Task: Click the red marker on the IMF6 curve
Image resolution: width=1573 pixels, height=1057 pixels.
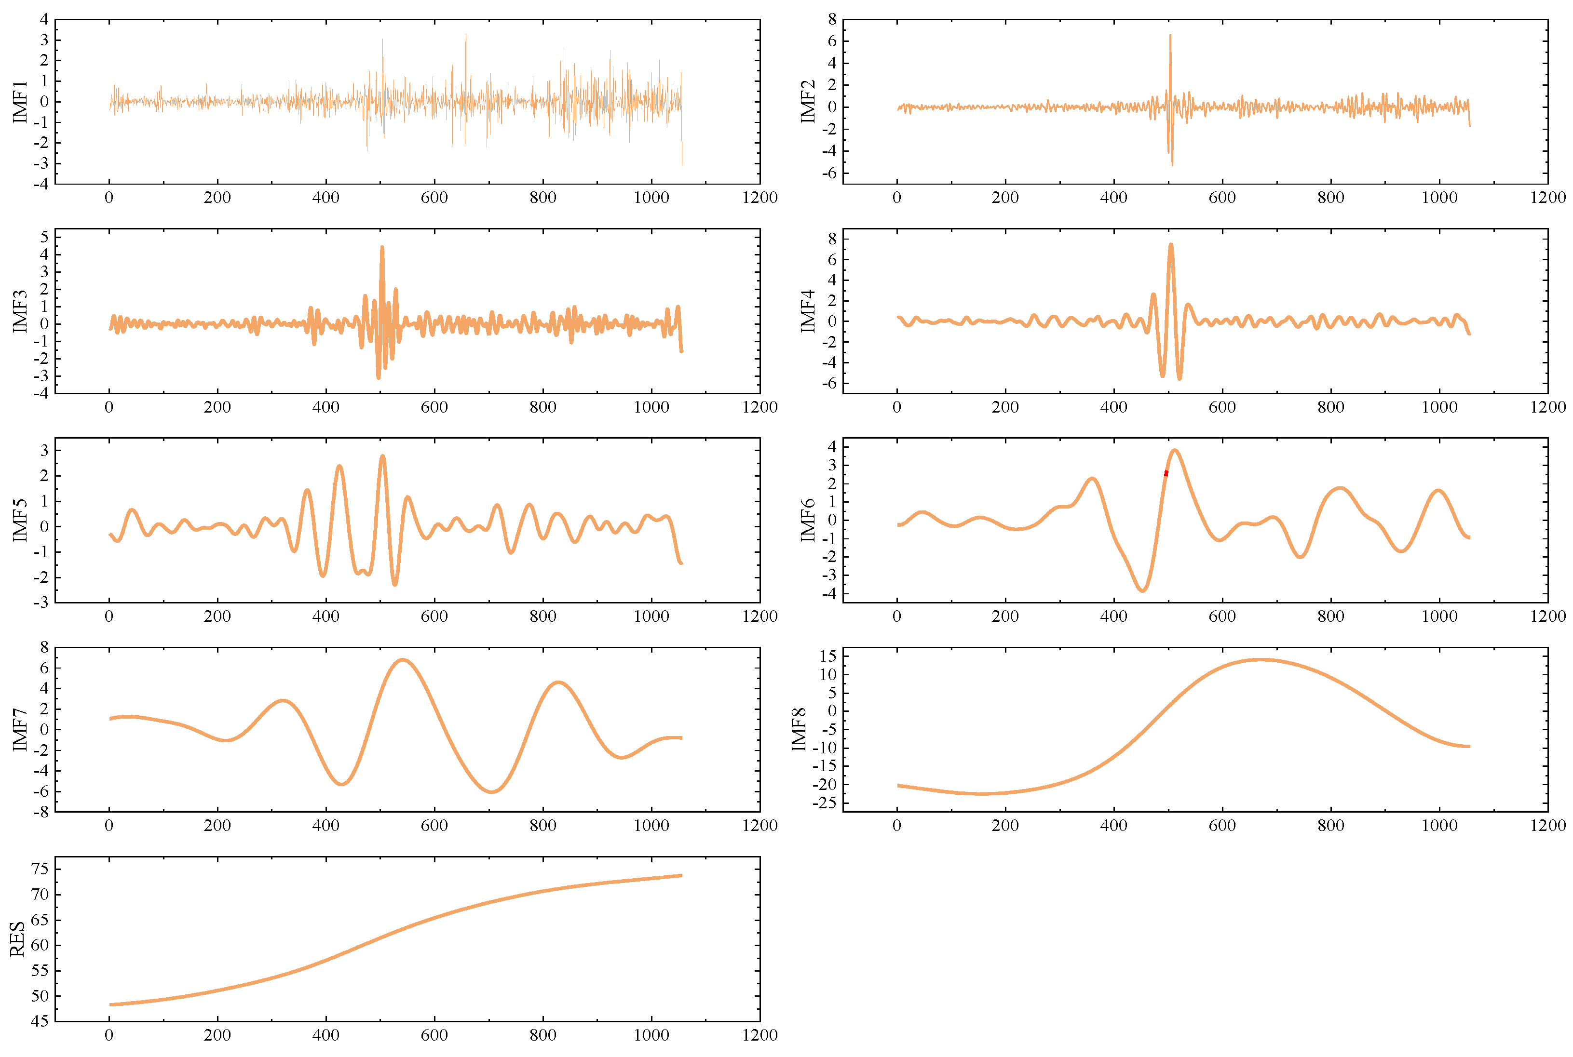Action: coord(1166,473)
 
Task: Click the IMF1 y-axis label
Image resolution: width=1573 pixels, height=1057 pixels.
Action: coord(20,102)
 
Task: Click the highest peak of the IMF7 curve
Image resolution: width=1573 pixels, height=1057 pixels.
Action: coord(403,660)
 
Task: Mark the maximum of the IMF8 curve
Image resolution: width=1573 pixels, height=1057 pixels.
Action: coord(1260,659)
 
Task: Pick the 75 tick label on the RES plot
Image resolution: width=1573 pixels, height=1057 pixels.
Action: coord(40,869)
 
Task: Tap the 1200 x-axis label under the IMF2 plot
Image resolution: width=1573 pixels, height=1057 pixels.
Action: coord(1547,198)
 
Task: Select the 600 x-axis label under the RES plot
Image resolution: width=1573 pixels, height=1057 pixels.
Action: coord(434,1035)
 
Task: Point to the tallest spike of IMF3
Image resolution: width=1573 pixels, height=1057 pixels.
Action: coord(382,247)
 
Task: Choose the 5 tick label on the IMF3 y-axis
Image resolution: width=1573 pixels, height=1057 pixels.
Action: coord(44,237)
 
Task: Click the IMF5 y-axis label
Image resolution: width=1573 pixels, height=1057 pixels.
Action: coord(20,521)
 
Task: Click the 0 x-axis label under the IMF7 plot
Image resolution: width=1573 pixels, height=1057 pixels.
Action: coord(109,826)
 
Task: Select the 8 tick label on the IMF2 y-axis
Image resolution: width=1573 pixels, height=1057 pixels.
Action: coord(832,20)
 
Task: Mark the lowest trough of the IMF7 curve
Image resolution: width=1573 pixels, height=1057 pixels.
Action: coord(491,792)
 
